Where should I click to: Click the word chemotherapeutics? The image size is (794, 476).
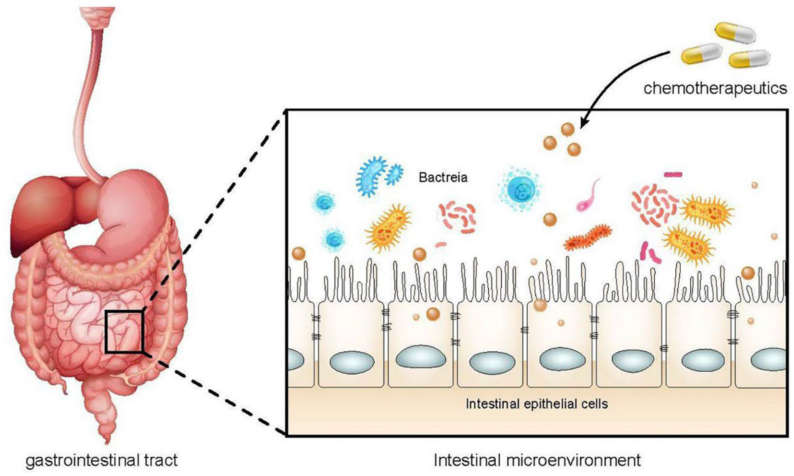tap(715, 88)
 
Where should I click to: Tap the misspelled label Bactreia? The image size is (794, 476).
tap(443, 177)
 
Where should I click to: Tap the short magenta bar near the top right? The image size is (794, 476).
tap(673, 174)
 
